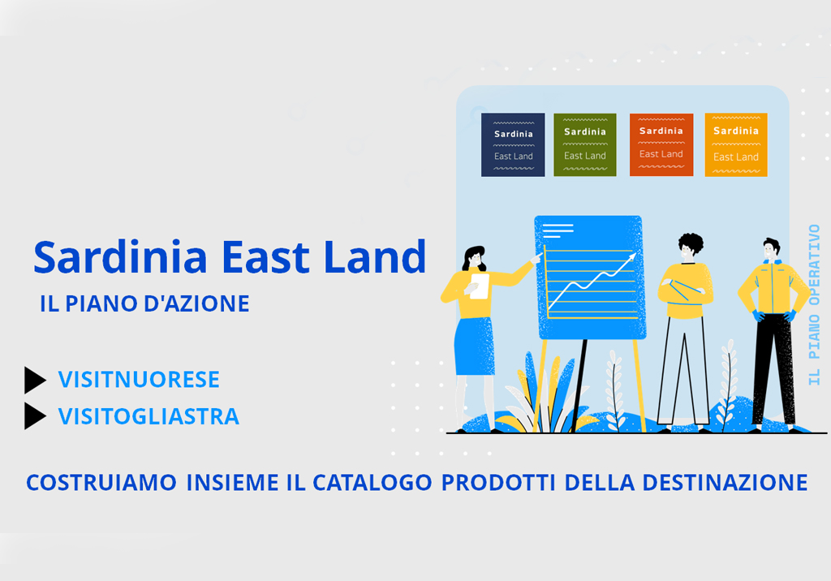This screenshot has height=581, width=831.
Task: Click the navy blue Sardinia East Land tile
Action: pos(513,144)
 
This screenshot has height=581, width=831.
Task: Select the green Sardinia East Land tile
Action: pos(585,144)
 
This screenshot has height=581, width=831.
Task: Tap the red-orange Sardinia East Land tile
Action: pos(661,144)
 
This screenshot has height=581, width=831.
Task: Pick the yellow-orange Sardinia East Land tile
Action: pos(736,144)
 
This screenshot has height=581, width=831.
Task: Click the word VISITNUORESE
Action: pos(139,380)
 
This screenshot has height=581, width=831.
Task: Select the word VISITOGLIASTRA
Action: pos(149,416)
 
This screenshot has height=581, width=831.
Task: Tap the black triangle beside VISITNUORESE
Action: pos(35,380)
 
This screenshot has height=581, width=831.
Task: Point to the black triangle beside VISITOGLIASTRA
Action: pos(35,416)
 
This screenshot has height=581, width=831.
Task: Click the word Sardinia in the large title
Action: pos(120,257)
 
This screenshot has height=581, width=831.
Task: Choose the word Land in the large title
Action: pos(375,257)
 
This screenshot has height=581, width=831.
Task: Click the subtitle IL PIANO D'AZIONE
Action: pos(144,303)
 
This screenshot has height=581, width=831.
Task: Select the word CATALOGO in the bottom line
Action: pos(372,483)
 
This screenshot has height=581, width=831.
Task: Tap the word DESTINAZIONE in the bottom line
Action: pos(725,483)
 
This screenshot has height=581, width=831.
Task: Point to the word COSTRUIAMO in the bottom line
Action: pos(101,483)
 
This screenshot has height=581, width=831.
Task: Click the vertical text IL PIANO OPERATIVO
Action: pos(814,305)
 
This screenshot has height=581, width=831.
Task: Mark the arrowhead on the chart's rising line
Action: pos(631,257)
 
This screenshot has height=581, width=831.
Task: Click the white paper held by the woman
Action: pos(480,286)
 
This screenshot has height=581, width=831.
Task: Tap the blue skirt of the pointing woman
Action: pos(475,346)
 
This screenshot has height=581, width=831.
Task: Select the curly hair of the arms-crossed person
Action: pos(691,243)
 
